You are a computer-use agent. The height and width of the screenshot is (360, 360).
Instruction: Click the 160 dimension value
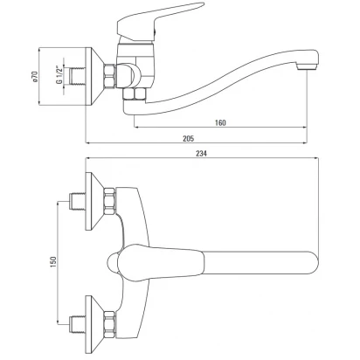[220, 122]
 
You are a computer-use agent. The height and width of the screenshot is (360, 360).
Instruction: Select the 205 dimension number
[189, 138]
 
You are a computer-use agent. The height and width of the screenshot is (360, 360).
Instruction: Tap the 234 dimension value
[201, 153]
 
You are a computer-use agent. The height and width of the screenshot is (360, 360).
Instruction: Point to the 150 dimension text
[52, 262]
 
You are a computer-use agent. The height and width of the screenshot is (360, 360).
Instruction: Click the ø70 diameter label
[35, 76]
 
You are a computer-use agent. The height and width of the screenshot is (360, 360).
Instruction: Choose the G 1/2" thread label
[59, 75]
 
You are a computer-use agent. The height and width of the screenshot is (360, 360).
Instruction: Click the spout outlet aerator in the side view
[307, 67]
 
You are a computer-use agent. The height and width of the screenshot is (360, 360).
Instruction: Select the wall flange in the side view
[93, 76]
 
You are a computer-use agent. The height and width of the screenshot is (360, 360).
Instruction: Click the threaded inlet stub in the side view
[78, 77]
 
